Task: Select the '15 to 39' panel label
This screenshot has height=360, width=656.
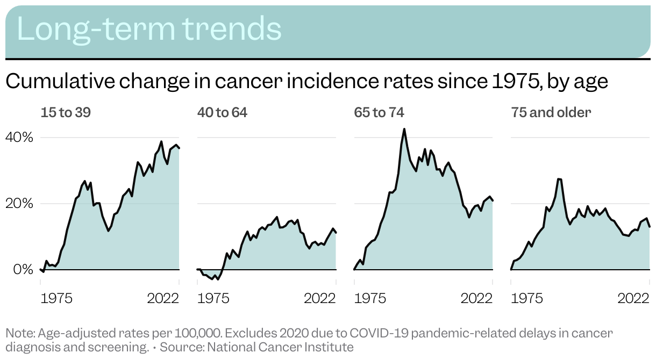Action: [66, 112]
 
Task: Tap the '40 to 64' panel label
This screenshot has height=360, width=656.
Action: [222, 112]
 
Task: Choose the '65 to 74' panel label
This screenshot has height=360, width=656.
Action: [379, 112]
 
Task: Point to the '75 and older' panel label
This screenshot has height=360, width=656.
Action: [551, 112]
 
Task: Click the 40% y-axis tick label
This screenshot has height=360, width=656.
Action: [19, 138]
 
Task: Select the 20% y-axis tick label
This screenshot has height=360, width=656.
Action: [19, 204]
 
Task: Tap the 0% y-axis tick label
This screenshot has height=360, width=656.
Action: [23, 270]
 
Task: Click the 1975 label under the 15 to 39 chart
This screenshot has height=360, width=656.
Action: [56, 298]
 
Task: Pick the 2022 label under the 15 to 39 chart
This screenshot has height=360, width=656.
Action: [163, 298]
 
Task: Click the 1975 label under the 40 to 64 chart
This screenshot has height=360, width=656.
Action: [213, 298]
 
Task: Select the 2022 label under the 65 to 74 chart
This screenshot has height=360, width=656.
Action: [476, 298]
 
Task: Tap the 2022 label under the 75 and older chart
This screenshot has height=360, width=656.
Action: [633, 298]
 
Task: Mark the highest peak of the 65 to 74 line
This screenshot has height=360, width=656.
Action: [404, 129]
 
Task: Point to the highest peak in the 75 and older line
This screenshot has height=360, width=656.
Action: [559, 179]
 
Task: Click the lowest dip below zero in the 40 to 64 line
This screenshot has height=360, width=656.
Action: [218, 279]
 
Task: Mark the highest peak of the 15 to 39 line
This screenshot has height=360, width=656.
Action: [161, 141]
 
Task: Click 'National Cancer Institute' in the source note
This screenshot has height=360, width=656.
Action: [280, 347]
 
